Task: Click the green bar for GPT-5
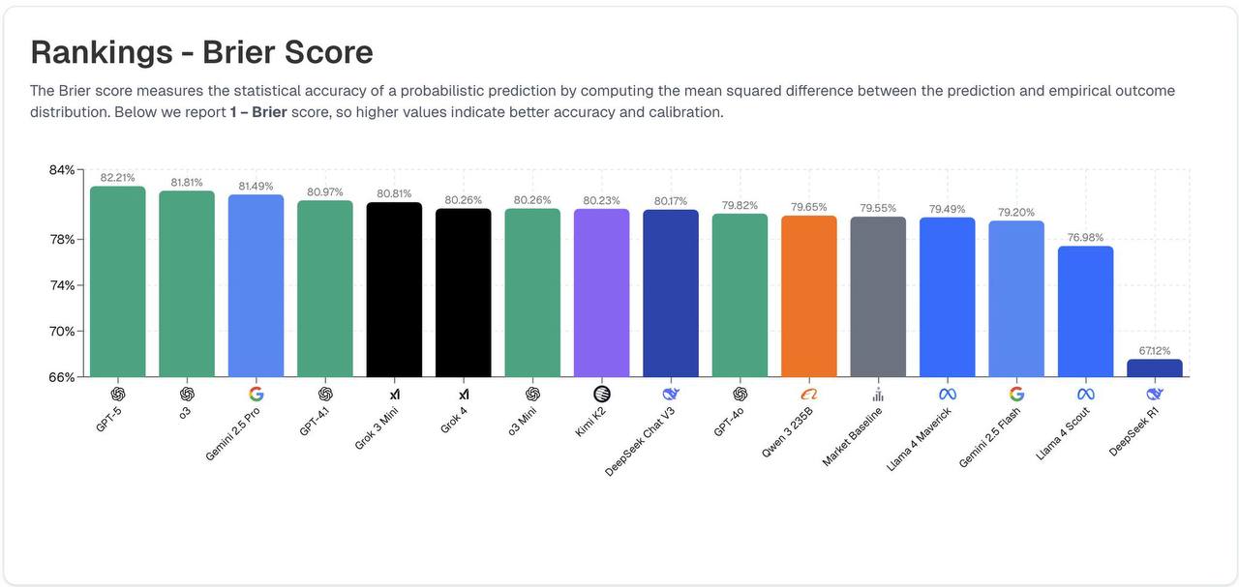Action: point(118,281)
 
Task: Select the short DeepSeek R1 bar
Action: point(1155,368)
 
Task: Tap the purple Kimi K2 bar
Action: point(601,293)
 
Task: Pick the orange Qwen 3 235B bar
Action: point(809,296)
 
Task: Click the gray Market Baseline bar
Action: point(878,297)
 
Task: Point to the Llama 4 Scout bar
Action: point(1085,311)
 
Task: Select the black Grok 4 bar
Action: point(464,293)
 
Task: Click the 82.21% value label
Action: point(118,178)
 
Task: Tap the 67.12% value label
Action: point(1155,351)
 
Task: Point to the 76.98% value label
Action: point(1085,238)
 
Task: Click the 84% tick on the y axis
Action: point(62,170)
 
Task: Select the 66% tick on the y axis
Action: point(62,377)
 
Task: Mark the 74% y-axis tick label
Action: point(62,285)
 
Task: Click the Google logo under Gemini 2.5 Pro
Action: point(256,394)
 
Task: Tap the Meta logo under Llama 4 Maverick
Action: point(948,394)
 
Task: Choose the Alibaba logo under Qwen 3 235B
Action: point(809,394)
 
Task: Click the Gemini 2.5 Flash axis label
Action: point(989,437)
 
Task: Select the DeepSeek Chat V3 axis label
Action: point(641,441)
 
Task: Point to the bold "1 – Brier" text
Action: point(258,112)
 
